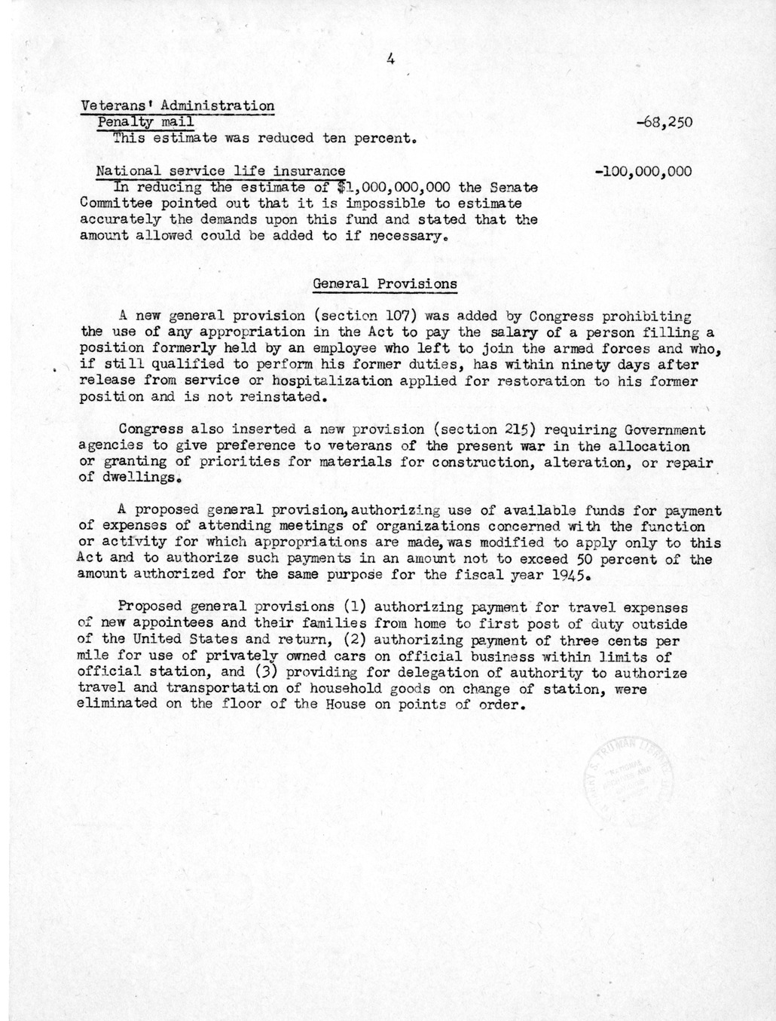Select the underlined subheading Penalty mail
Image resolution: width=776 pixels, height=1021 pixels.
(145, 122)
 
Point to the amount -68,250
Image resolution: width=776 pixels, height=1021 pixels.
(663, 123)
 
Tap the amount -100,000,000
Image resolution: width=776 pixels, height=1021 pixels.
(643, 172)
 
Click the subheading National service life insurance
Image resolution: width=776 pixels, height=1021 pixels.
(221, 172)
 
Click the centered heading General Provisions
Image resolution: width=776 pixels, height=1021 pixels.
(384, 284)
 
